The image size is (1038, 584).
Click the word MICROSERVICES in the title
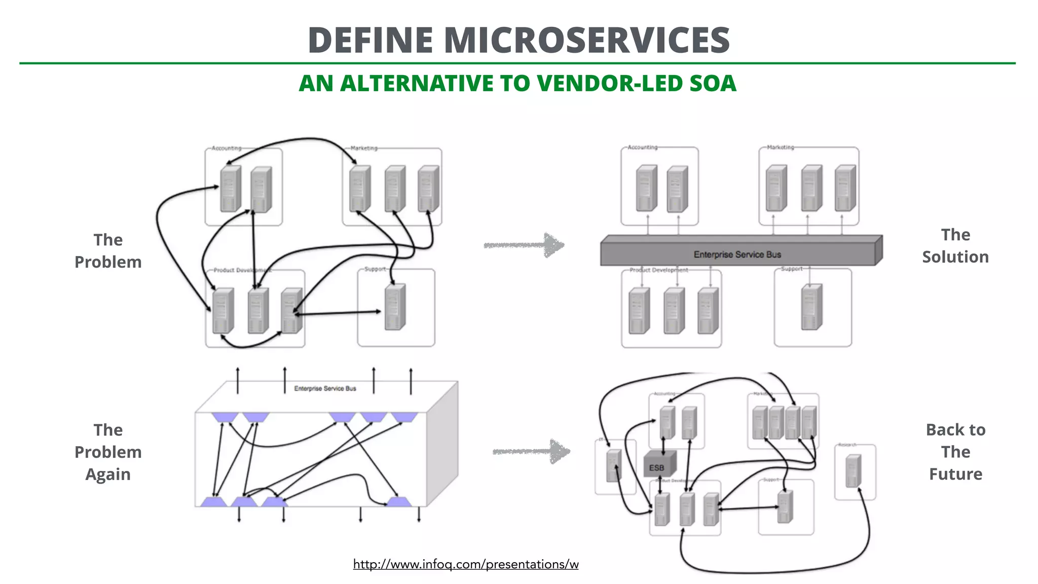click(586, 41)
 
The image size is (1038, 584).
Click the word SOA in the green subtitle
click(712, 84)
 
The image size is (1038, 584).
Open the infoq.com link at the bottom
click(465, 564)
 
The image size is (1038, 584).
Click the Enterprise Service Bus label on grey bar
click(737, 254)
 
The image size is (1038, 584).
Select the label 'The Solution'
click(955, 246)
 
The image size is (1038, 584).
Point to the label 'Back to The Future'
click(955, 452)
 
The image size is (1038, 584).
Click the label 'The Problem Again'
click(108, 452)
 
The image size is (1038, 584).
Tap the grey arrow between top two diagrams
click(525, 245)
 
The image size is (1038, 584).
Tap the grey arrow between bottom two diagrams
click(532, 451)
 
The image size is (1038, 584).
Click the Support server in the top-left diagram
click(395, 307)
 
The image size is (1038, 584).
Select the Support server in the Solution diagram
click(811, 307)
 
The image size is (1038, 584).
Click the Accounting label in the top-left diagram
click(226, 149)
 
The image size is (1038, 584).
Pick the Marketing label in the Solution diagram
click(780, 148)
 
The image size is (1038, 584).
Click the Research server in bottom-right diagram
click(854, 471)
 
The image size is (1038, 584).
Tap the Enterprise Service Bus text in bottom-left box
click(325, 389)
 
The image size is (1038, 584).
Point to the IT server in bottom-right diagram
click(614, 465)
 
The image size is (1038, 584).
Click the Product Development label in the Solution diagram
click(658, 270)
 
